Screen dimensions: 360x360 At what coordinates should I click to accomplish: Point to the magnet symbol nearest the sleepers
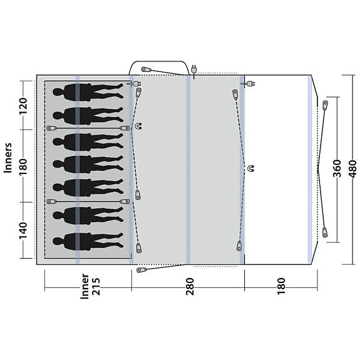coord(139,125)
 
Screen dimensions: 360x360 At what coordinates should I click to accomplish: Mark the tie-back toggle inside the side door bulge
coord(146,69)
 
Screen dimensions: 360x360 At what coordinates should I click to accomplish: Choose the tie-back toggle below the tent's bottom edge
coord(142,270)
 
